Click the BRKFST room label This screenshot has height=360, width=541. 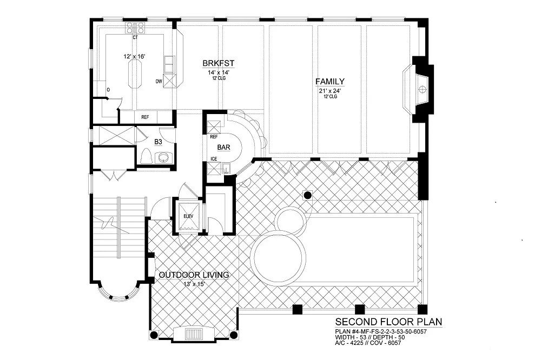pos(219,63)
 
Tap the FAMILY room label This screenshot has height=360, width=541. pos(330,82)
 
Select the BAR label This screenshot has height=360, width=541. pos(223,147)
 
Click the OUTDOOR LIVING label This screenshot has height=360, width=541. pos(194,275)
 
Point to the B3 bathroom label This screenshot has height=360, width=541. pos(159,142)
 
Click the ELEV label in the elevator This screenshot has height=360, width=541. pos(188,216)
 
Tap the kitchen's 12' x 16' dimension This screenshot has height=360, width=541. pos(135,56)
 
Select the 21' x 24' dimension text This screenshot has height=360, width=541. pos(330,91)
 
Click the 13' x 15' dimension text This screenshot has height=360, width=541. pos(194,284)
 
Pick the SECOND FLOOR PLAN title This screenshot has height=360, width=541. pos(388,322)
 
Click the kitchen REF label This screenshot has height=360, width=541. pos(145,117)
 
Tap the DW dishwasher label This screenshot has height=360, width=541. pos(159,82)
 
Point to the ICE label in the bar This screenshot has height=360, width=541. pos(214,159)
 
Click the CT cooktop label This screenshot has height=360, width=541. pos(135,37)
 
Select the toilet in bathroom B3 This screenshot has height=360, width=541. pos(146,157)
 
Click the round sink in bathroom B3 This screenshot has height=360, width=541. pos(162,158)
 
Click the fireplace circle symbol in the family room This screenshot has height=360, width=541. pos(421,90)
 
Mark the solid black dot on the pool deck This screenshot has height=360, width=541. pos(307,195)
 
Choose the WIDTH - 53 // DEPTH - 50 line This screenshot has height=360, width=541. pos(370,337)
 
